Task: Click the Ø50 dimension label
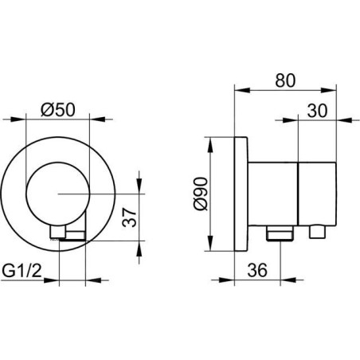pyautogui.click(x=58, y=109)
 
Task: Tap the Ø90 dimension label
pyautogui.click(x=201, y=194)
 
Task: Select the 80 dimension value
pyautogui.click(x=285, y=80)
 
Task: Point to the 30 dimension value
pyautogui.click(x=317, y=111)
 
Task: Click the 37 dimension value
pyautogui.click(x=129, y=217)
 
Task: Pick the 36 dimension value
pyautogui.click(x=257, y=270)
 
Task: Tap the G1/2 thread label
pyautogui.click(x=22, y=271)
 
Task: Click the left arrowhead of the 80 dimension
pyautogui.click(x=242, y=90)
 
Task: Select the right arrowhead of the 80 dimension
pyautogui.click(x=329, y=90)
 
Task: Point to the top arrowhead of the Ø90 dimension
pyautogui.click(x=210, y=145)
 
